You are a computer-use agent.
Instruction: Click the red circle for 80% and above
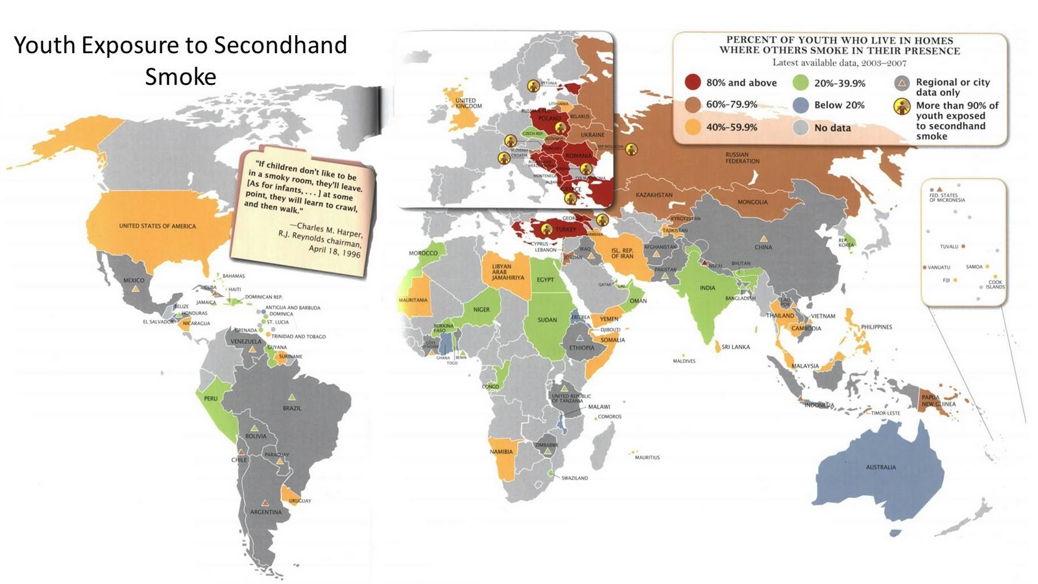[x=693, y=82]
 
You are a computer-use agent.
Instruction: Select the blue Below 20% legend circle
[x=801, y=105]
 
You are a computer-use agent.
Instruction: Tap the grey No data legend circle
[x=801, y=128]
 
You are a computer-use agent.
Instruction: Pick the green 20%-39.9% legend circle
[x=801, y=82]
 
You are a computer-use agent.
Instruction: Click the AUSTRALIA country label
[x=880, y=467]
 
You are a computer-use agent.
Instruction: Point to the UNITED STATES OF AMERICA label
[x=157, y=226]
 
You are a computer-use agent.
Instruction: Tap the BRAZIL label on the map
[x=292, y=408]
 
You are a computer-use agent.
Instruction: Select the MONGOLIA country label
[x=752, y=202]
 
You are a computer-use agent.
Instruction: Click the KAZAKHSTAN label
[x=653, y=195]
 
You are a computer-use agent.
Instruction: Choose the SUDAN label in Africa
[x=547, y=320]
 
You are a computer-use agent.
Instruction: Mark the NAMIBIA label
[x=501, y=452]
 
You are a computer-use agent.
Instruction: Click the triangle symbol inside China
[x=764, y=238]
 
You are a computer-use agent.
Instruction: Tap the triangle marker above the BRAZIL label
[x=291, y=397]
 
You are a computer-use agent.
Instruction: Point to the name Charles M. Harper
[x=330, y=228]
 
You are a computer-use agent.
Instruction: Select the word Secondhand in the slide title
[x=280, y=45]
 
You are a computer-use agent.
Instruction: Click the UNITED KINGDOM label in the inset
[x=468, y=103]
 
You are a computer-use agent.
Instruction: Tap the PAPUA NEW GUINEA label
[x=938, y=400]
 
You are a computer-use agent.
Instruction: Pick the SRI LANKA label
[x=735, y=347]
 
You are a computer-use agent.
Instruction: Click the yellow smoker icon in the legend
[x=902, y=106]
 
